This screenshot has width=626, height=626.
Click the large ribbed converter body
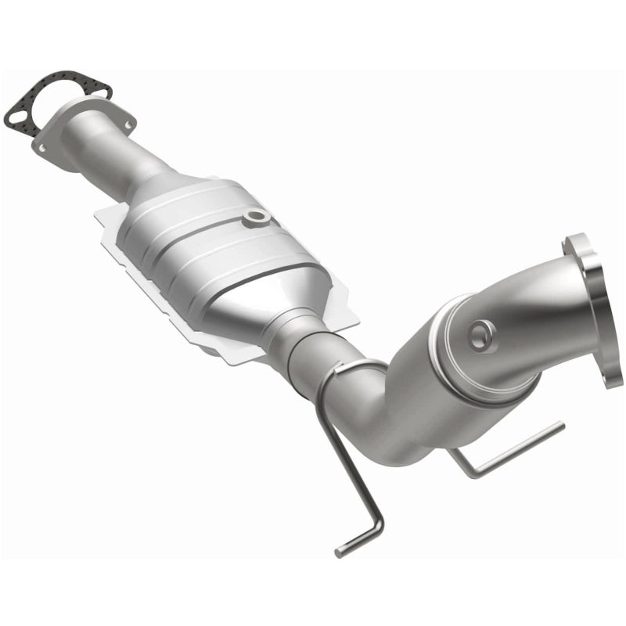coord(211,243)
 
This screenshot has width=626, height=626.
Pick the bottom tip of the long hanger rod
coord(341,552)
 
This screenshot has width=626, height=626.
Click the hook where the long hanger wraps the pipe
coord(344,368)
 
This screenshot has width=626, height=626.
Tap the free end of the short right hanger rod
coord(559,427)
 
